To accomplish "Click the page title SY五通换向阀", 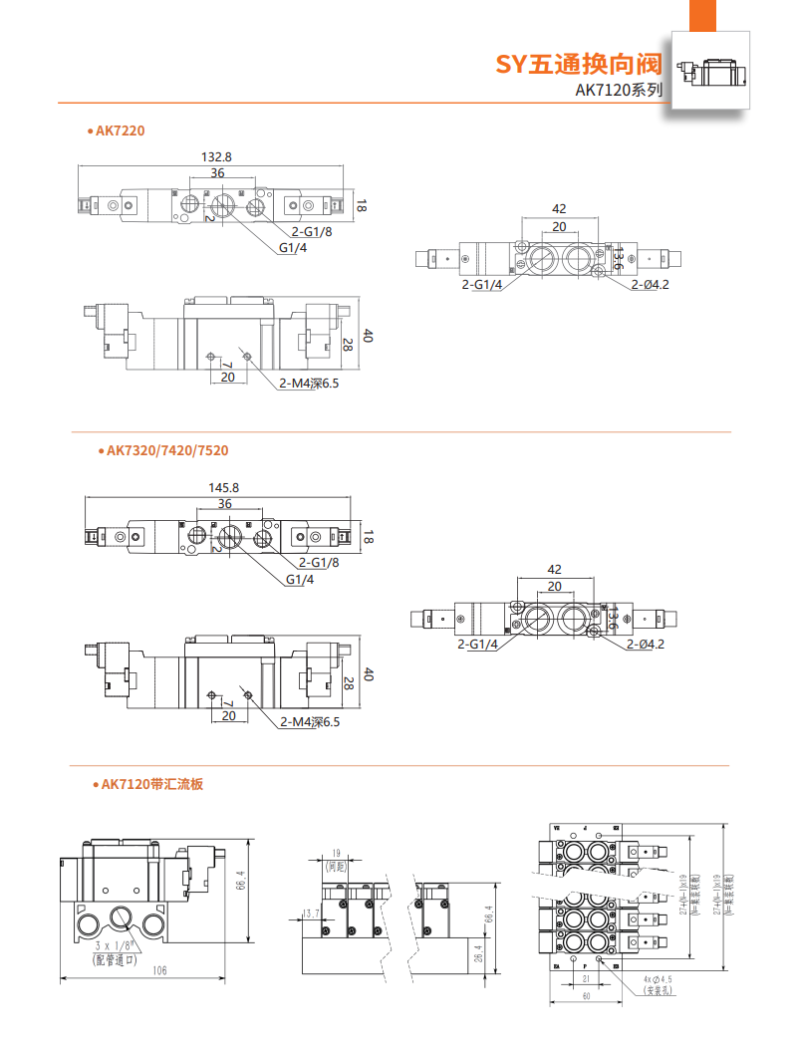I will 579,65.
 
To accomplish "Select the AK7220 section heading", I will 121,131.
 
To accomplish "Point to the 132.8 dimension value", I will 216,156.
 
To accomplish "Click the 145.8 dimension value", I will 223,487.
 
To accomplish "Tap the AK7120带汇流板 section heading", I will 151,785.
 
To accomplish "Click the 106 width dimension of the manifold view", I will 158,971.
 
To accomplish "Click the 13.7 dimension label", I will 310,913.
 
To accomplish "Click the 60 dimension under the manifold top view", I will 586,996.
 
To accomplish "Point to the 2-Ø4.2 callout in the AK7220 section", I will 649,286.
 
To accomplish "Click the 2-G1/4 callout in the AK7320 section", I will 478,645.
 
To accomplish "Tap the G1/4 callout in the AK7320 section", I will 300,580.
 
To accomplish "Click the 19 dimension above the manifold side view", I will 335,853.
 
